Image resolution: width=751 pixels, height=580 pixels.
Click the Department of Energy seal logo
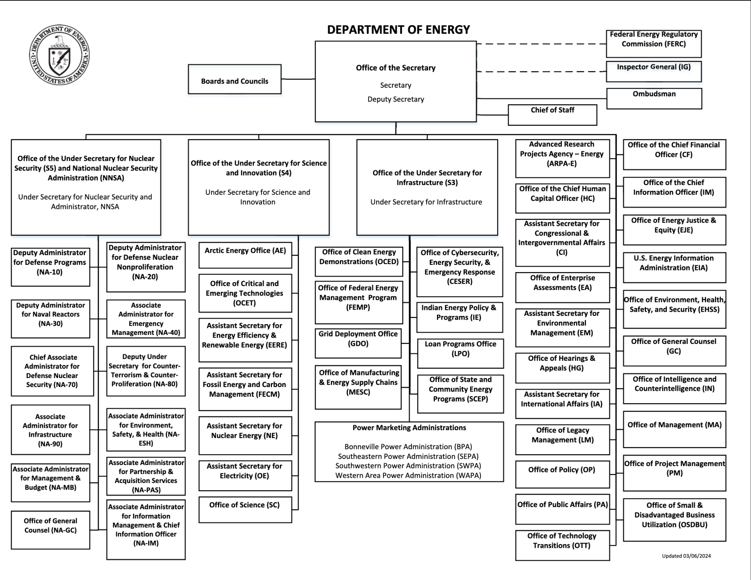point(59,55)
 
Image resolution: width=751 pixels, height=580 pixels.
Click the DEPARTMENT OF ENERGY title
point(398,30)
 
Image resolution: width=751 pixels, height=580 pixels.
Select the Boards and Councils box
point(234,79)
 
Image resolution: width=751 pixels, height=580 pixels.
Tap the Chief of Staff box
point(552,115)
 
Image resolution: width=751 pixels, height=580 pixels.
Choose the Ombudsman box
point(654,98)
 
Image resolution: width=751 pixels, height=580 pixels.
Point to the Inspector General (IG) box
point(653,71)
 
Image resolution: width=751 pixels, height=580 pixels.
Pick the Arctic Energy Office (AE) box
point(245,255)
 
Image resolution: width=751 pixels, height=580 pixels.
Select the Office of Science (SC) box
point(245,509)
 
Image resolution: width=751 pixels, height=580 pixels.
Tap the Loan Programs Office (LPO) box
point(460,353)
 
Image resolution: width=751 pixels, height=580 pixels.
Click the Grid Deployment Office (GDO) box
point(358,343)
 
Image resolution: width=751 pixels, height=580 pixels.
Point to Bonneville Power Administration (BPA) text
point(408,447)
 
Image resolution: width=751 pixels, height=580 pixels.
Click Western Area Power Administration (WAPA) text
point(408,475)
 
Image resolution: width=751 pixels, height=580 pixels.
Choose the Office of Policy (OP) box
point(562,474)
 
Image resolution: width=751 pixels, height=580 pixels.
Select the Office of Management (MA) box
point(674,429)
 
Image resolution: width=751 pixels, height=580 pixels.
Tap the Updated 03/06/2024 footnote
point(686,556)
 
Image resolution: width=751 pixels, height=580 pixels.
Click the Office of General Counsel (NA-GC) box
point(50,529)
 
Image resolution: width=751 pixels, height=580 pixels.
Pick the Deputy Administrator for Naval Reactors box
point(50,318)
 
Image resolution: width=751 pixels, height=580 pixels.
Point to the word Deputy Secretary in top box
point(396,99)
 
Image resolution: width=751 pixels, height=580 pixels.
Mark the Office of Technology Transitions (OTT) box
point(562,545)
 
